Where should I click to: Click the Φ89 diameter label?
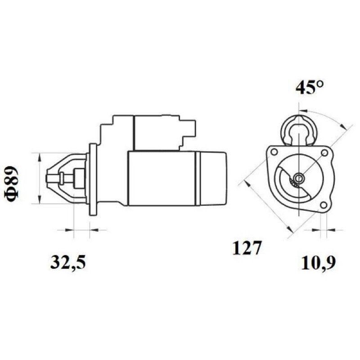coord(11,184)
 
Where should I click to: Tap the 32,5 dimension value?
coord(68,262)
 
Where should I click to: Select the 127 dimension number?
coord(247,248)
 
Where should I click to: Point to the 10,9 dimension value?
coord(318,263)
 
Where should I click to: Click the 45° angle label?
coord(309,87)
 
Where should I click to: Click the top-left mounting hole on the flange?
coord(274,152)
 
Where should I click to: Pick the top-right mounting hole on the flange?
coord(324,153)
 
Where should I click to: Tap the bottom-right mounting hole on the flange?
coord(324,205)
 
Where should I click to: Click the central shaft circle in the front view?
coord(299,177)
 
